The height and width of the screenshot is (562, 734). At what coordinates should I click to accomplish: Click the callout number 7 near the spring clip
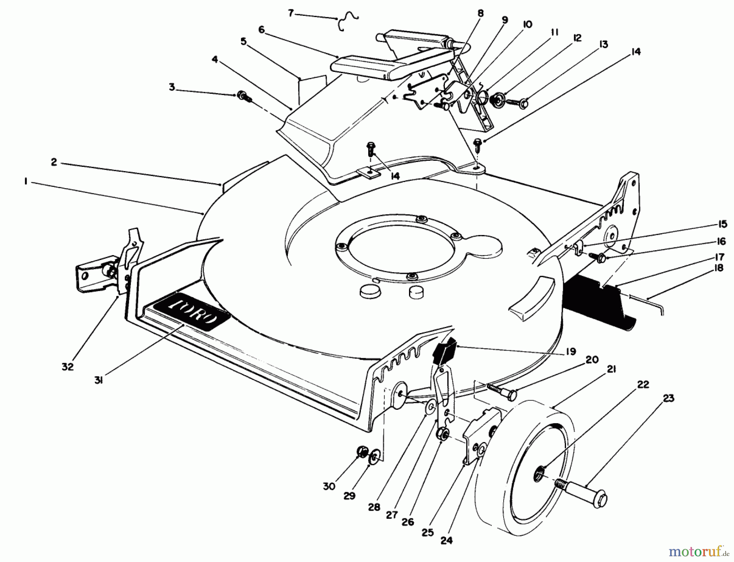click(x=291, y=13)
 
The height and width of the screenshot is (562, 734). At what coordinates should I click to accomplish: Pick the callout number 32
click(x=68, y=367)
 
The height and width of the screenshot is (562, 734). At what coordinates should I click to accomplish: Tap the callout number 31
click(x=98, y=381)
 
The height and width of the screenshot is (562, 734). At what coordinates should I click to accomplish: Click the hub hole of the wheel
click(x=539, y=474)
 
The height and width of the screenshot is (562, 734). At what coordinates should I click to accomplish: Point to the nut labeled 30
click(x=361, y=451)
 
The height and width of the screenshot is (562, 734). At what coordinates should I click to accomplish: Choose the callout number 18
click(x=719, y=268)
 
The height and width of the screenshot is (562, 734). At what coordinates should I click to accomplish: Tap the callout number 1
click(x=25, y=182)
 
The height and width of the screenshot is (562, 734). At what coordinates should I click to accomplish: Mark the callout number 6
click(x=261, y=30)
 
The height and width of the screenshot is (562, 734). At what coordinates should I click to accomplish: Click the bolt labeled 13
click(x=517, y=102)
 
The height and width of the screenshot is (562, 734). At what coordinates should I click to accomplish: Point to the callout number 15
click(x=722, y=224)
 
